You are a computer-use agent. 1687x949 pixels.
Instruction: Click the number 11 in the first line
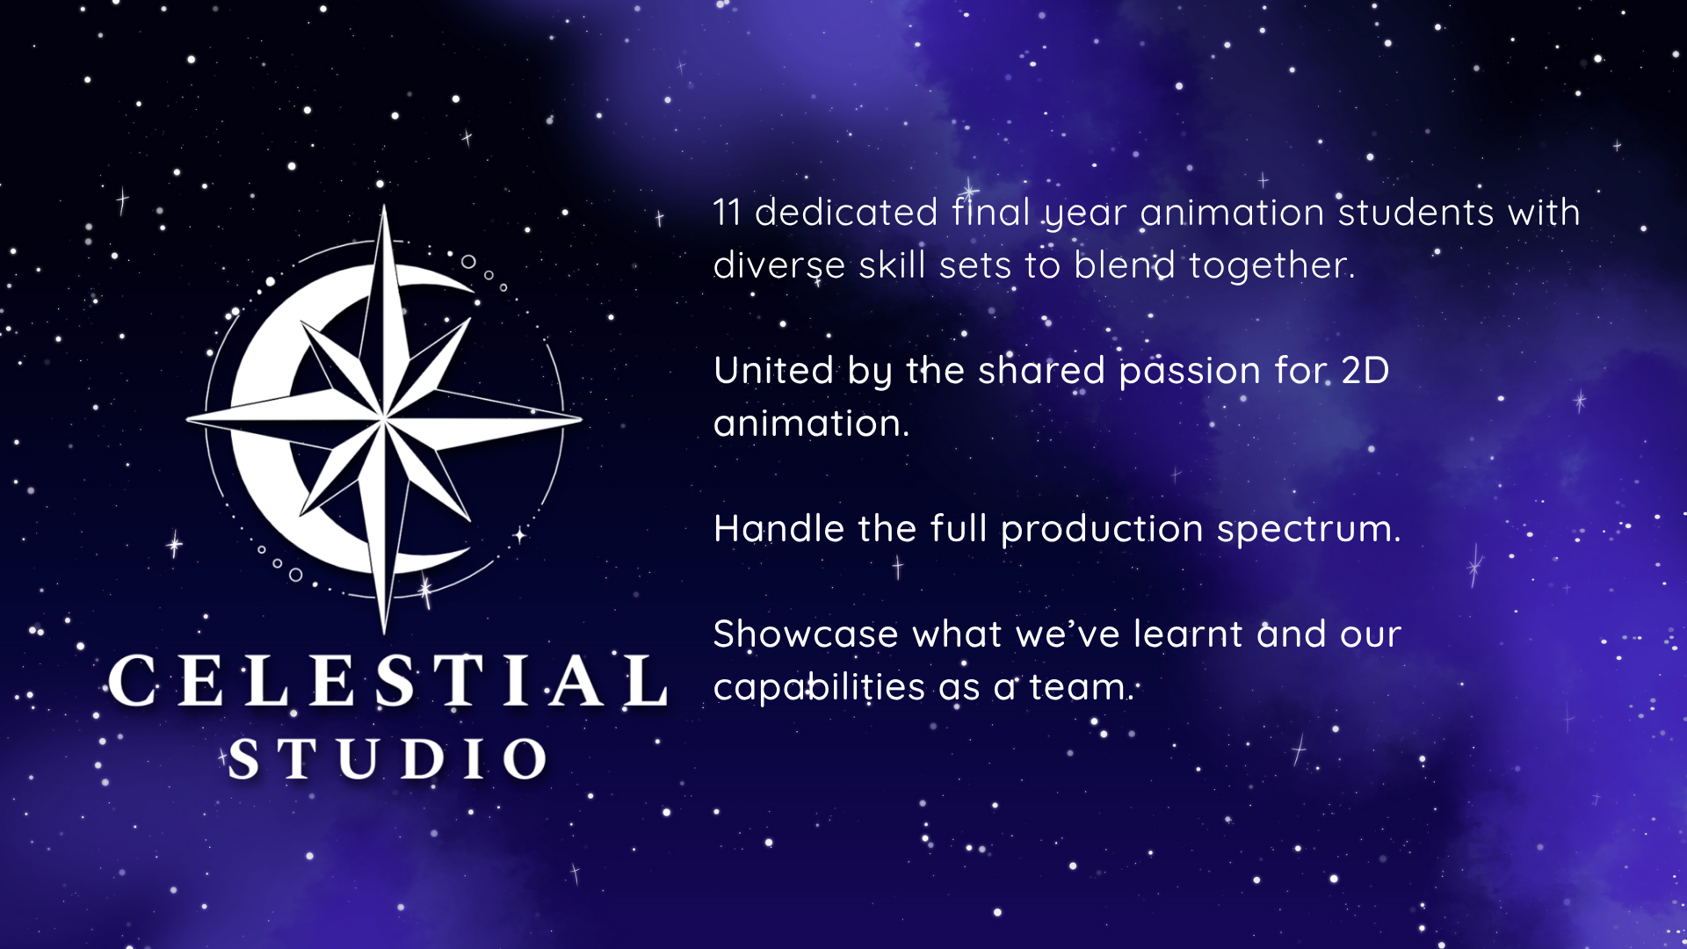pyautogui.click(x=727, y=213)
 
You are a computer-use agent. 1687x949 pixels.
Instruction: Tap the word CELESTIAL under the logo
pyautogui.click(x=387, y=681)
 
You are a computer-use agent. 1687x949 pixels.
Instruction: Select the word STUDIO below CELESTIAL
pyautogui.click(x=387, y=758)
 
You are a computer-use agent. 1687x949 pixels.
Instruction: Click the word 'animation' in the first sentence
pyautogui.click(x=1232, y=213)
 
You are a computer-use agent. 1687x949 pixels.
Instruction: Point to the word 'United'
pyautogui.click(x=773, y=371)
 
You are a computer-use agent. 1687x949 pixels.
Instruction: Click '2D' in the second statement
pyautogui.click(x=1365, y=371)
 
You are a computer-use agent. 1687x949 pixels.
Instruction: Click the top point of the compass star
pyautogui.click(x=384, y=206)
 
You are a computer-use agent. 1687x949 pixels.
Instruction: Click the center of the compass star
pyautogui.click(x=384, y=419)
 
